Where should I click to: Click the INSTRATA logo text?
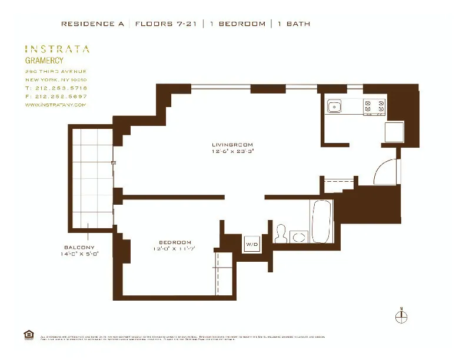click(x=57, y=49)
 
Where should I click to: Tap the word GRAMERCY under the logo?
click(x=44, y=60)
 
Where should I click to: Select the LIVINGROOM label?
click(x=232, y=145)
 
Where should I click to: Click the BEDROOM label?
click(x=175, y=243)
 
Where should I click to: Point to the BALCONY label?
click(x=81, y=247)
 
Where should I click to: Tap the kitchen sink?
click(x=335, y=106)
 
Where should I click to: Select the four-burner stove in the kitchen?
click(x=375, y=106)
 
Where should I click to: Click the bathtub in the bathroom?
click(x=322, y=222)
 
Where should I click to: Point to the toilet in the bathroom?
click(x=282, y=234)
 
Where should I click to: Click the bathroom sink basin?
click(x=299, y=236)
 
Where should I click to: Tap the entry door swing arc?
click(x=385, y=171)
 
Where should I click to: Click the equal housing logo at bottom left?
click(x=28, y=335)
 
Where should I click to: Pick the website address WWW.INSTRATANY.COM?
click(x=55, y=105)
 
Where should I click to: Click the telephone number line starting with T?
click(x=55, y=88)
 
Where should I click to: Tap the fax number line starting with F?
click(x=55, y=96)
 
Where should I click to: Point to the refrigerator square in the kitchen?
click(x=394, y=132)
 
